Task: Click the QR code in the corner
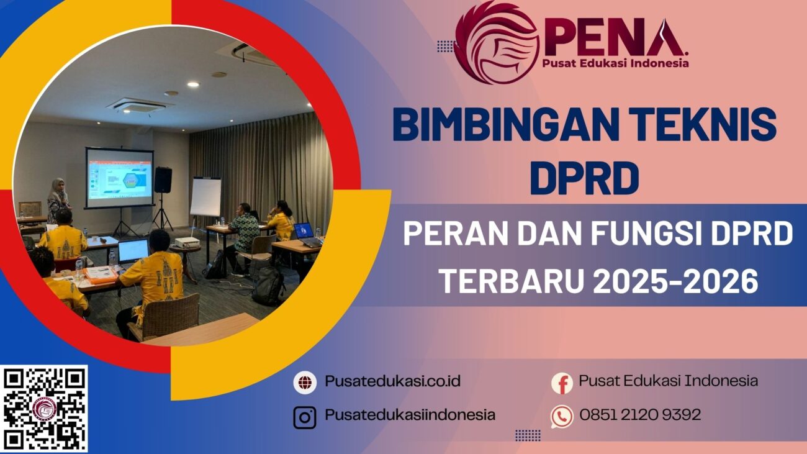44,408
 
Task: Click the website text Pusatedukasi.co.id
392,381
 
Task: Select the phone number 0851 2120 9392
640,414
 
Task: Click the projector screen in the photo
119,177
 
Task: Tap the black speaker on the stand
163,179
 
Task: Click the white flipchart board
205,197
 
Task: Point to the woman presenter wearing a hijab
59,199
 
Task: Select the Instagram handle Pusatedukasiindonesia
410,415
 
